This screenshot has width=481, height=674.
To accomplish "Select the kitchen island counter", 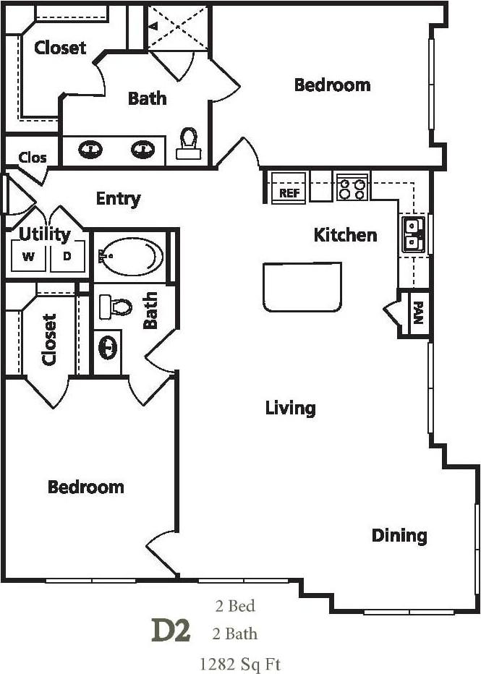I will [x=302, y=287].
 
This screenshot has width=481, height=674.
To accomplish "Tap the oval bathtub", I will [x=131, y=256].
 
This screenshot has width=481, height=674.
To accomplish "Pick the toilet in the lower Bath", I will [x=116, y=307].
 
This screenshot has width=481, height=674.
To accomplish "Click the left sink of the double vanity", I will [x=91, y=150].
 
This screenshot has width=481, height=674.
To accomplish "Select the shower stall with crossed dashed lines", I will [x=178, y=27].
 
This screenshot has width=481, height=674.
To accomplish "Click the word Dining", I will [x=399, y=536].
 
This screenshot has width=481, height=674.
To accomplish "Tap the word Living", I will [x=290, y=408].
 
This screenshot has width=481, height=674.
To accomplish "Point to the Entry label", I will [x=118, y=198].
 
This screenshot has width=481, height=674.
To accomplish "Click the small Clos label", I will [x=33, y=157].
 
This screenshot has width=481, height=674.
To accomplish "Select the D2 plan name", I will [x=171, y=631].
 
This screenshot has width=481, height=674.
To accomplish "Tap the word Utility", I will [x=44, y=234].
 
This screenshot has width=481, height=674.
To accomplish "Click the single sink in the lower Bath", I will [x=108, y=348].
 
